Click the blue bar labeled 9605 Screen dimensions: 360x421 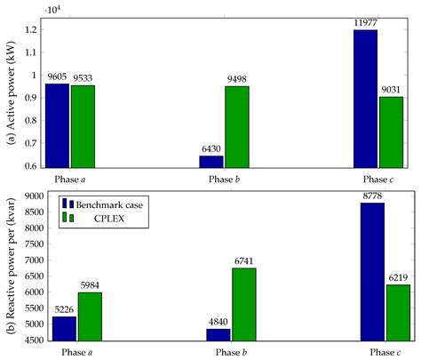[x=58, y=124]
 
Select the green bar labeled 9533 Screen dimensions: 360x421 [x=83, y=125]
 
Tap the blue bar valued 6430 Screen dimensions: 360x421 [x=211, y=161]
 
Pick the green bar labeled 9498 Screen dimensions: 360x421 [x=236, y=125]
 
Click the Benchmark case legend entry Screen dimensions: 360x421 [x=99, y=204]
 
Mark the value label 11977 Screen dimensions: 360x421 [x=365, y=23]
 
